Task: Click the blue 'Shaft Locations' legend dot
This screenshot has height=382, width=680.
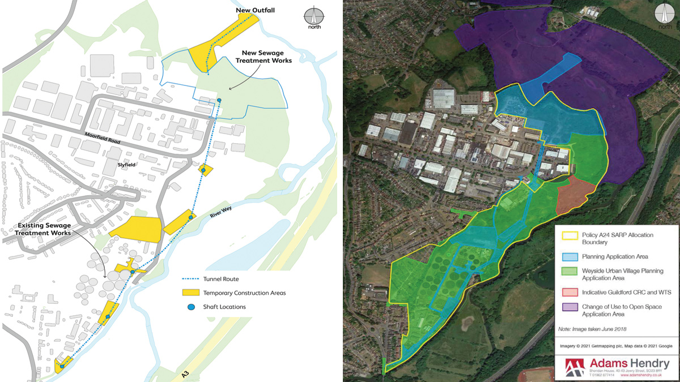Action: (191, 307)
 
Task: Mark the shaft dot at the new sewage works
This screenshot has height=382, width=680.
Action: (219, 101)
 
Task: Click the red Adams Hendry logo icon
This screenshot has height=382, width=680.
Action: (576, 366)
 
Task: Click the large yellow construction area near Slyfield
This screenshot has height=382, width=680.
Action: (136, 229)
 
